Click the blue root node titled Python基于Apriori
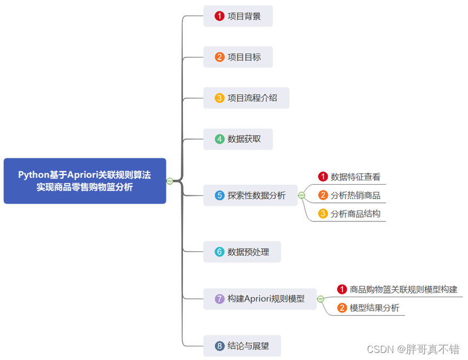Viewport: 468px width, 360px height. tap(84, 181)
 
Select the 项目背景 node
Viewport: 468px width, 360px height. tap(238, 16)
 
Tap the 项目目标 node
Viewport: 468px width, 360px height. tap(238, 57)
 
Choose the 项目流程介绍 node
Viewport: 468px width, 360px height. tap(246, 98)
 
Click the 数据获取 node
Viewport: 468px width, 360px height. tap(238, 139)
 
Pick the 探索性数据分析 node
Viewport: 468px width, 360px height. tap(251, 195)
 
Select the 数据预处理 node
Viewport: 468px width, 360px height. tap(242, 252)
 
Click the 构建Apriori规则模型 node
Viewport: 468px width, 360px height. tap(260, 299)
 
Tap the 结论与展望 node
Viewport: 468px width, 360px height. tap(242, 345)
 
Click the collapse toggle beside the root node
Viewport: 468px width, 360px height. tap(170, 181)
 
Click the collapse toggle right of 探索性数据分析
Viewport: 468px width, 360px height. tap(302, 195)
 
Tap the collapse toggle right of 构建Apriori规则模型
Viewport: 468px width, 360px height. tap(320, 299)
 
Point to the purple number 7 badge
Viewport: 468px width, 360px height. tap(220, 299)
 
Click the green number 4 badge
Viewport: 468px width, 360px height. tap(220, 139)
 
